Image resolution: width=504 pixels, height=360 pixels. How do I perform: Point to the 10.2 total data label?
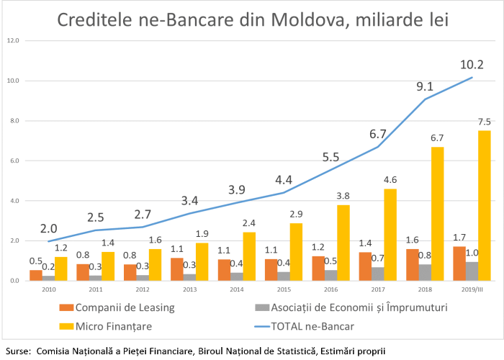click(x=472, y=66)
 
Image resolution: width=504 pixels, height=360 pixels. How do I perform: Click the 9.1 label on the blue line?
click(x=425, y=87)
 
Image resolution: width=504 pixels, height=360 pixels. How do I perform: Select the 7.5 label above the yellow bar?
click(x=484, y=122)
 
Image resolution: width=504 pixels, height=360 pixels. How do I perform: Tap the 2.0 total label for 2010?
click(x=48, y=229)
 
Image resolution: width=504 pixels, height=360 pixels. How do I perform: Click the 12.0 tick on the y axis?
click(x=13, y=40)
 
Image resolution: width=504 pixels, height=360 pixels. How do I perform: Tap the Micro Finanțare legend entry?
click(x=109, y=326)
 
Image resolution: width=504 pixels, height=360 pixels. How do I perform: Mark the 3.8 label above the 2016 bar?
click(x=343, y=196)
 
